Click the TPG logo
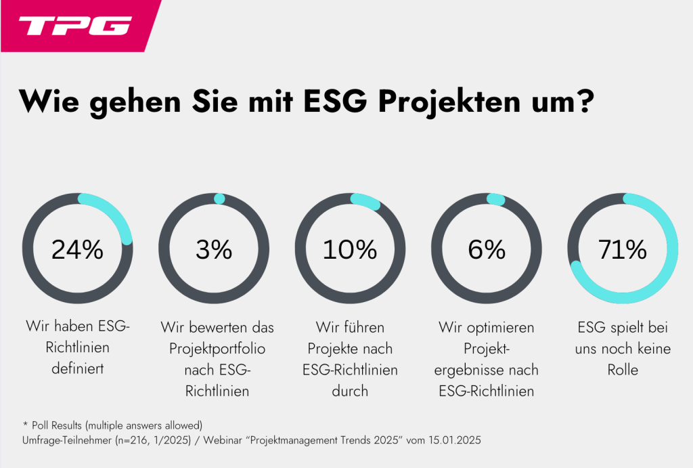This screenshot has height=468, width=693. pyautogui.click(x=74, y=26)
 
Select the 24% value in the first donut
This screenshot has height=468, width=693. pyautogui.click(x=77, y=250)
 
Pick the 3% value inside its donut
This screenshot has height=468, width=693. pyautogui.click(x=214, y=250)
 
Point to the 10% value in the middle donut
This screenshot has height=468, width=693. pyautogui.click(x=350, y=250)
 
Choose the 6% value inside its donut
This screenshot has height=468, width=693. pyautogui.click(x=487, y=250)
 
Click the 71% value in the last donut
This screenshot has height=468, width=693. pyautogui.click(x=623, y=250)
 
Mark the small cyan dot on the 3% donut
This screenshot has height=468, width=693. pyautogui.click(x=219, y=198)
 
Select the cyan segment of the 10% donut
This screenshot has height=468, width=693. pyautogui.click(x=366, y=201)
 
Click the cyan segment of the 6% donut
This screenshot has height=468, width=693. pyautogui.click(x=496, y=199)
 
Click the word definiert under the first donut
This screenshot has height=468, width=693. pyautogui.click(x=77, y=370)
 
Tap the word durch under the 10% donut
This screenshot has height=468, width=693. pyautogui.click(x=350, y=391)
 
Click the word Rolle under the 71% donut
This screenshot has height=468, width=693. pyautogui.click(x=623, y=370)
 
